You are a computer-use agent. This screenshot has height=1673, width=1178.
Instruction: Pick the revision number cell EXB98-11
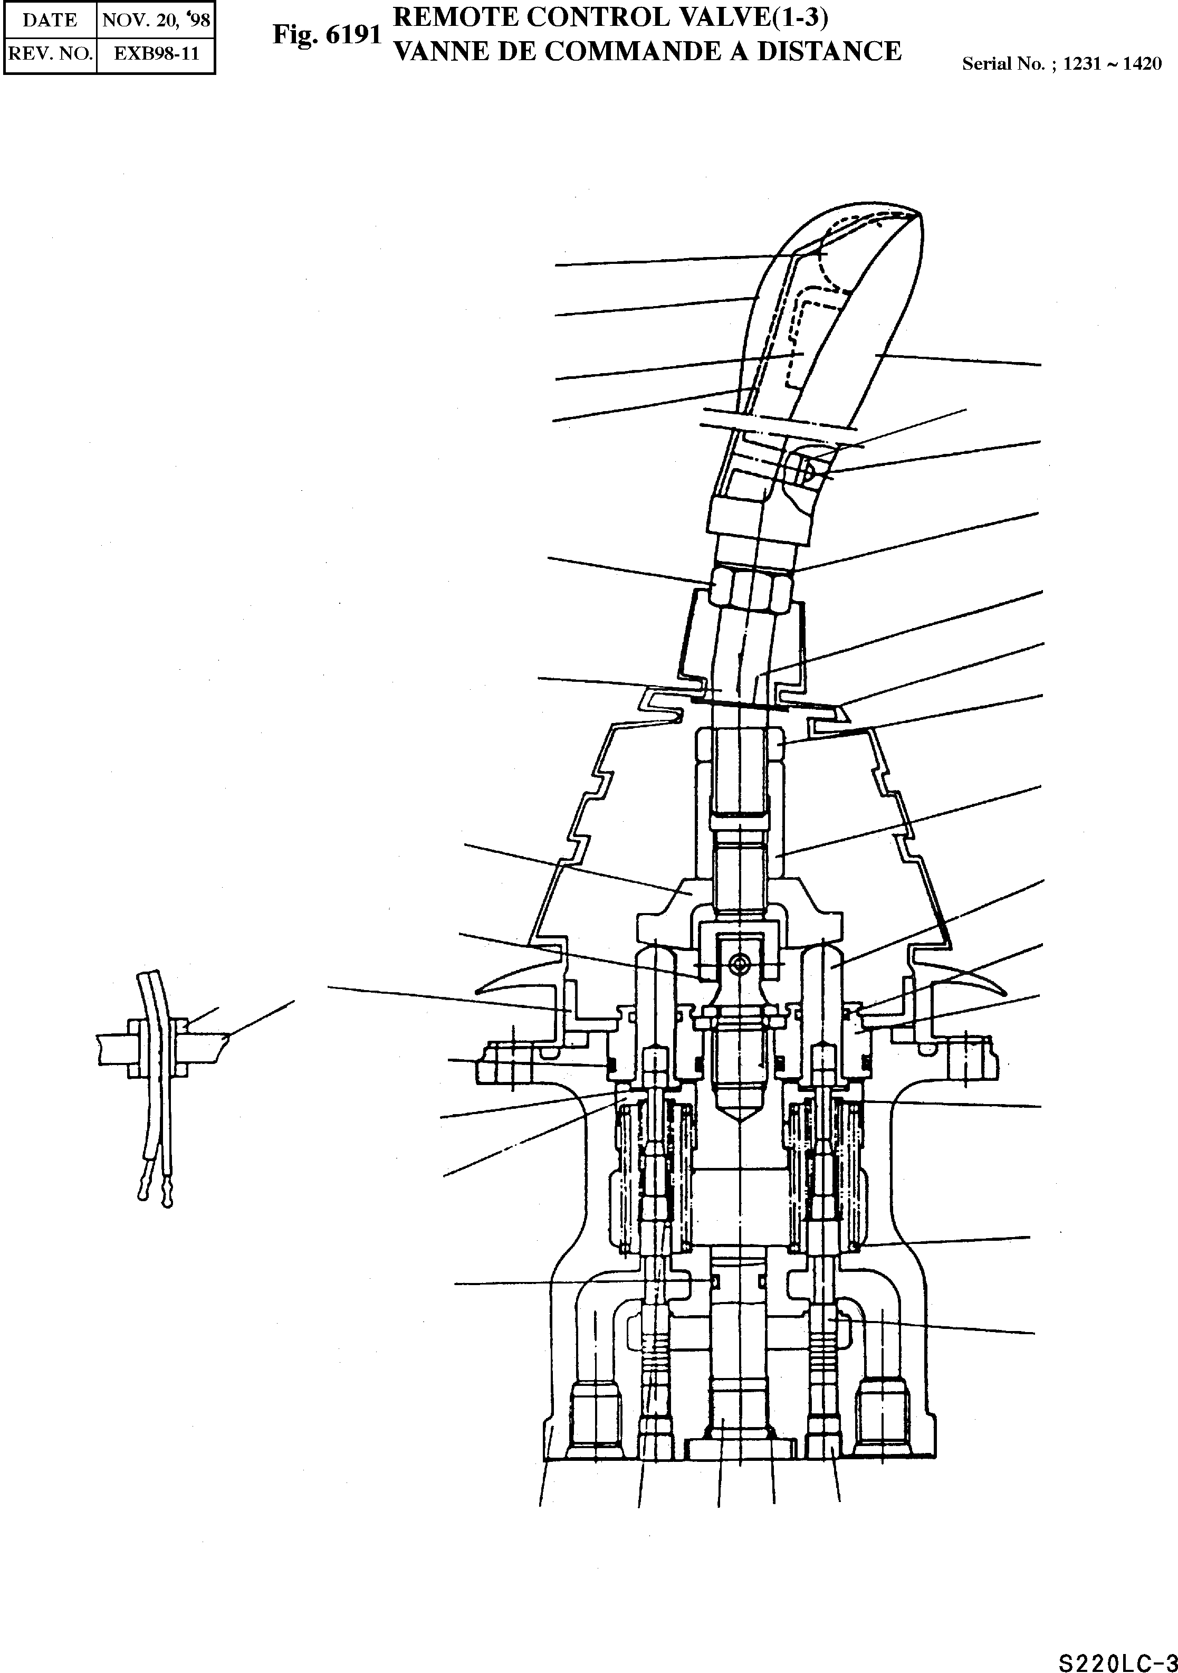(x=156, y=54)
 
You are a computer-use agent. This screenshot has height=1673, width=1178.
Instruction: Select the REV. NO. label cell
(x=50, y=54)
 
